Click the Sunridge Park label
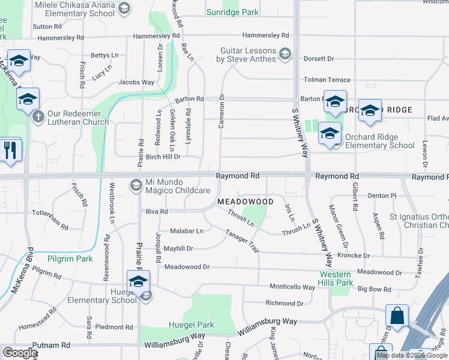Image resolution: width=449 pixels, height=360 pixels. pos(232,12)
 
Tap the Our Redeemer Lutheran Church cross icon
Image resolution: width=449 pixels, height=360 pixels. pos(37,116)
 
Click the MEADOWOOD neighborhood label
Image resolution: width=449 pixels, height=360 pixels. pos(246,202)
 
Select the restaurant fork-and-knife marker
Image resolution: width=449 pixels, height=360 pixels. pos(10,150)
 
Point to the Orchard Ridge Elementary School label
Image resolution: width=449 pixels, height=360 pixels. pos(379,141)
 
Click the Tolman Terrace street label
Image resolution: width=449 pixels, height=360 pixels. pos(327,80)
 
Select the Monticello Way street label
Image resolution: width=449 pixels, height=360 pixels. pos(292,287)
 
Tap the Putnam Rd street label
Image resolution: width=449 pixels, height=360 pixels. pos(52,346)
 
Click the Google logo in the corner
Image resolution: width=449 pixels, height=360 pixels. pos(20,352)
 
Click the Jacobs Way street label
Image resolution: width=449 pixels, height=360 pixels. pos(136,82)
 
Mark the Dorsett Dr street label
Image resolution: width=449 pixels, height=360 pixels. pos(318,59)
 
